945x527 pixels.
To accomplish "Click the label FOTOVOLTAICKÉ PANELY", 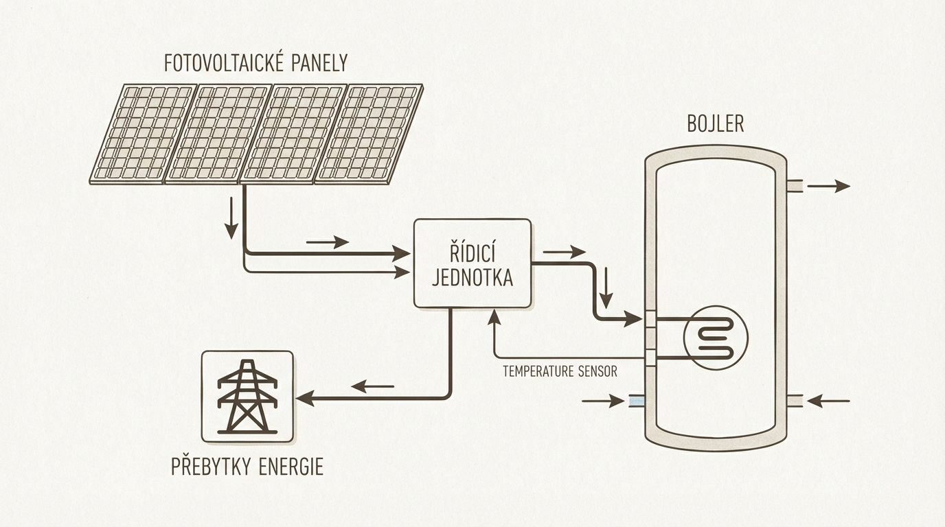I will tap(255, 63).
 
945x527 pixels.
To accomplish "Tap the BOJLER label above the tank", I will tap(715, 124).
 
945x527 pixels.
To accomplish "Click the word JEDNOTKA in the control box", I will tap(472, 278).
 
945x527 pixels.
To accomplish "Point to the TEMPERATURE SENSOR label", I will tap(560, 372).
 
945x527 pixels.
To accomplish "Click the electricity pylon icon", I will tap(247, 397).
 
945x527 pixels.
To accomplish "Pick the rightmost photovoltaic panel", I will tap(369, 133).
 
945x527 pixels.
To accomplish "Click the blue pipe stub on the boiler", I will tap(637, 401).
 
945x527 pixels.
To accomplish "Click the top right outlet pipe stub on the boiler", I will tap(795, 186).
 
